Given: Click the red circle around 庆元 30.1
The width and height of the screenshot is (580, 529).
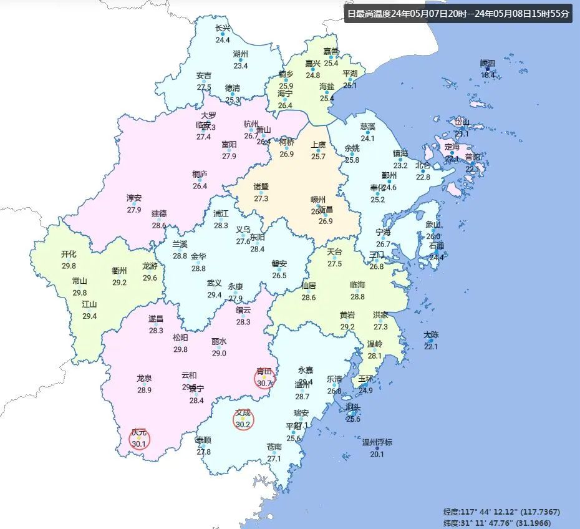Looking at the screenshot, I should pos(139,439).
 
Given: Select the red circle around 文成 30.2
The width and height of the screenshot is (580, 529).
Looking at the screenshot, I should pos(243,420).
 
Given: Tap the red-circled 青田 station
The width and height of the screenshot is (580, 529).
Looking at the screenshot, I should pos(264,378).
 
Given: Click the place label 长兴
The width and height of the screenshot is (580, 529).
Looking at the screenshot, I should pos(223,28).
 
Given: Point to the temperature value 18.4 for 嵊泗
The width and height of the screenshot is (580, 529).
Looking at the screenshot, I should pos(488,75).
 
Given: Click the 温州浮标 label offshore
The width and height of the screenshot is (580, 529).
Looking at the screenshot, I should pos(377,442).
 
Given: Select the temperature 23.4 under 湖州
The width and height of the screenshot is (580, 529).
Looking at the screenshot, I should pos(241,66).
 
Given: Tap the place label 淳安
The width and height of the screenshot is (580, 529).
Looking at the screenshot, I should pos(134,198).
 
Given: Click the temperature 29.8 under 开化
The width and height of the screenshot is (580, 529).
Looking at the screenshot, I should pos(69,266).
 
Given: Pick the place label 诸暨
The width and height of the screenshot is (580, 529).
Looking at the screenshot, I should pos(261,187).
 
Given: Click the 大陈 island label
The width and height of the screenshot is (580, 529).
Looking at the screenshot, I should pos(431,335).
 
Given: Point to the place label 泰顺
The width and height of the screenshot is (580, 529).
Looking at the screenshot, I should pos(203,440).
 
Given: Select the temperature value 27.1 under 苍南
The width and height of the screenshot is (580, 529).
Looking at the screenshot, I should pos(274,459).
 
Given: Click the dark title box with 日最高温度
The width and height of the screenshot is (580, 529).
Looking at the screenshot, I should pos(458,14).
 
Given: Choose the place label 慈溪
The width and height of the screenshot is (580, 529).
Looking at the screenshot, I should pos(368,126).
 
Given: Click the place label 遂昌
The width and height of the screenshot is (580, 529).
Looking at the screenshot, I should pos(156,318).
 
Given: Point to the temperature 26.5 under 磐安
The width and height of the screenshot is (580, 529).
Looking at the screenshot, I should pos(279,276).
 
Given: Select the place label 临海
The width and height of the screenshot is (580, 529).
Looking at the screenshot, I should pos(357,284).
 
